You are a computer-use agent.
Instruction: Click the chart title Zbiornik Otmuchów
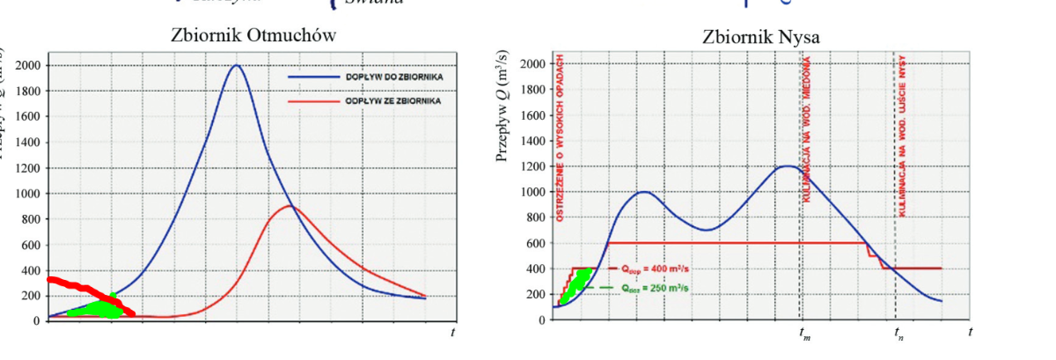pos(253,36)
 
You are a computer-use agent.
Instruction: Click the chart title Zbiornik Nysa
pos(761,37)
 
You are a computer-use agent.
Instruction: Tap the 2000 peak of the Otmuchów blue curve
pos(236,65)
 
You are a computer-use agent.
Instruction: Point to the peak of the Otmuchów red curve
pos(290,206)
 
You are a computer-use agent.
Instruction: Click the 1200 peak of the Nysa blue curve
pos(788,166)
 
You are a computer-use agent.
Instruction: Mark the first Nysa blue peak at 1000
pos(643,192)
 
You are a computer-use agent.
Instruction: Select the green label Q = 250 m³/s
pos(647,287)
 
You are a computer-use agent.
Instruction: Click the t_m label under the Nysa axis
pos(803,334)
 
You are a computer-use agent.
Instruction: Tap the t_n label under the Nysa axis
pos(898,334)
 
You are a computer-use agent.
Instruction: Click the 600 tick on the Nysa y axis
pos(534,243)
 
